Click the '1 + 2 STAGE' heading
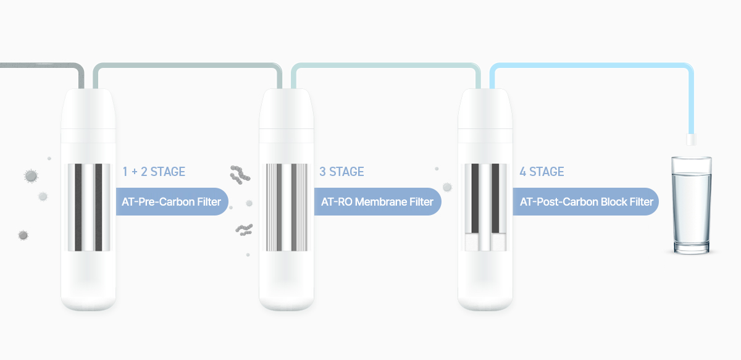pyautogui.click(x=154, y=172)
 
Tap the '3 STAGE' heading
pyautogui.click(x=341, y=172)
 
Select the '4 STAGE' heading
pyautogui.click(x=542, y=172)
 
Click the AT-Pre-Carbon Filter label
pyautogui.click(x=172, y=201)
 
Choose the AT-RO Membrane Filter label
pyautogui.click(x=377, y=201)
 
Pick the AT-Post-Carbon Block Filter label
pyautogui.click(x=586, y=201)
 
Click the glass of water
pyautogui.click(x=692, y=205)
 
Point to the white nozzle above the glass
pyautogui.click(x=691, y=140)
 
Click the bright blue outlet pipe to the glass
pyautogui.click(x=592, y=65)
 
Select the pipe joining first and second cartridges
pyautogui.click(x=188, y=65)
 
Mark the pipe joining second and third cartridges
pyautogui.click(x=386, y=65)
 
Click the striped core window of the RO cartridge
pyautogui.click(x=287, y=207)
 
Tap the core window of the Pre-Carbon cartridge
pyautogui.click(x=89, y=207)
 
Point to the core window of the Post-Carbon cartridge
pyautogui.click(x=485, y=207)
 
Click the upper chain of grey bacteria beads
pyautogui.click(x=240, y=174)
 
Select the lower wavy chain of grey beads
pyautogui.click(x=245, y=230)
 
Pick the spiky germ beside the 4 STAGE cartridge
pyautogui.click(x=447, y=187)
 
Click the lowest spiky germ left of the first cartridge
pyautogui.click(x=23, y=235)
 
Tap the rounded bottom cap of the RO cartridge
pyautogui.click(x=287, y=298)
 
